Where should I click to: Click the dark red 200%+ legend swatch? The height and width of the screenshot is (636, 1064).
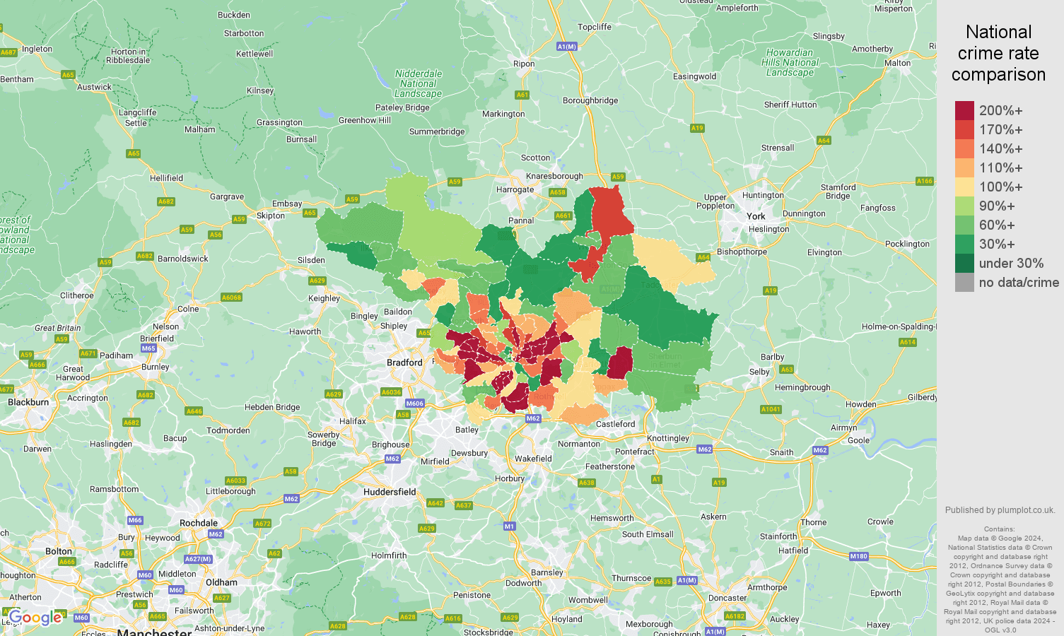pos(964,111)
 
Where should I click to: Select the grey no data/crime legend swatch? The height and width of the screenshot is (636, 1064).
pos(964,283)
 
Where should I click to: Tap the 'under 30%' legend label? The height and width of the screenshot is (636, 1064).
pos(1011,264)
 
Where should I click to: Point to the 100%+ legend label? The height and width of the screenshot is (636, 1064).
pos(1000,187)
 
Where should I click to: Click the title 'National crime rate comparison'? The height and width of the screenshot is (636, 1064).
pos(998,53)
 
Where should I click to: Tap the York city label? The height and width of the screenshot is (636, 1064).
pos(756,216)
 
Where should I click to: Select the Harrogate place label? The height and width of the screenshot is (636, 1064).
pos(515,189)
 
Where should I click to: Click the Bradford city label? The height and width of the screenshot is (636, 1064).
pos(404,363)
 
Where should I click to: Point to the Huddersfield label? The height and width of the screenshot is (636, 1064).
pos(390,492)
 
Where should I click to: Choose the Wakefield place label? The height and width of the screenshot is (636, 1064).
pos(533,459)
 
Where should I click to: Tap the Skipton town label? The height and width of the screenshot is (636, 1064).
pos(270,216)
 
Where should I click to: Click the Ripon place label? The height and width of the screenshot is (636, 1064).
pos(524,64)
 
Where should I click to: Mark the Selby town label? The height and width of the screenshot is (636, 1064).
pos(759,372)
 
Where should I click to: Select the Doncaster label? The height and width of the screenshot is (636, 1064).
pos(727,598)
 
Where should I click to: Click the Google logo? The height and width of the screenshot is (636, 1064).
pos(35,618)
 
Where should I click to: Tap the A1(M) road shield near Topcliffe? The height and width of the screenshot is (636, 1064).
pos(566,47)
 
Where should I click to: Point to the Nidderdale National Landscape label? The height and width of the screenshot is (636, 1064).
pos(418,83)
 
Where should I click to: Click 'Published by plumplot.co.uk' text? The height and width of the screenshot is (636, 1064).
pos(1000,510)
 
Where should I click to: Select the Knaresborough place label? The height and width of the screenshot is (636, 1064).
pos(554,176)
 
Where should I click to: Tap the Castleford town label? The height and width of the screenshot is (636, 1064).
pos(615,424)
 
